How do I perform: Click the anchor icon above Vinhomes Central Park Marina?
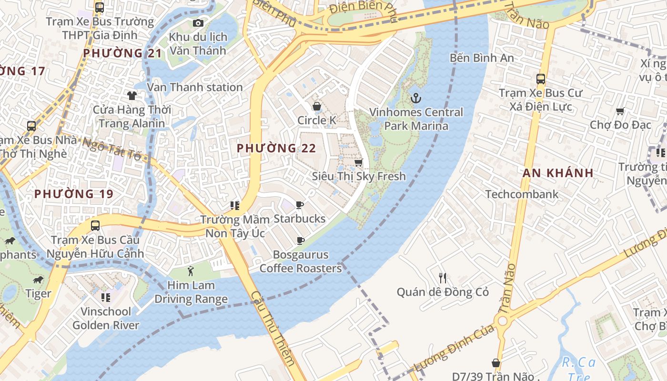416,99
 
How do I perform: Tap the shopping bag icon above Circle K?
316,106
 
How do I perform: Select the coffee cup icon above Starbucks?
299,205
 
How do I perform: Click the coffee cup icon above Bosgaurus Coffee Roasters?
300,241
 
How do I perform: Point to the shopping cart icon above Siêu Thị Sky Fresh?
359,163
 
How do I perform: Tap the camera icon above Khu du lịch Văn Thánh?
198,23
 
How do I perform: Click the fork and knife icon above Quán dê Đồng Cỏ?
443,278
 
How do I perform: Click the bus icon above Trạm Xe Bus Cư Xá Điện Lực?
540,79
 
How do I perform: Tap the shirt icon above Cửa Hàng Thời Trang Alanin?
132,96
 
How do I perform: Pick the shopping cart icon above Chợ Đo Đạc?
620,111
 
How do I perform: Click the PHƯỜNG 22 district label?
276,148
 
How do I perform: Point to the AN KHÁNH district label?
558,173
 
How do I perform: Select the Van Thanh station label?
195,87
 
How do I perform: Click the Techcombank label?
522,194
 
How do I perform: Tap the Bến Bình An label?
482,58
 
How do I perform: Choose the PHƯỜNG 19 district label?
74,194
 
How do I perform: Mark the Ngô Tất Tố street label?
112,149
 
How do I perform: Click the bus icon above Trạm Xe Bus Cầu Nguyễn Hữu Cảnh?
95,226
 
